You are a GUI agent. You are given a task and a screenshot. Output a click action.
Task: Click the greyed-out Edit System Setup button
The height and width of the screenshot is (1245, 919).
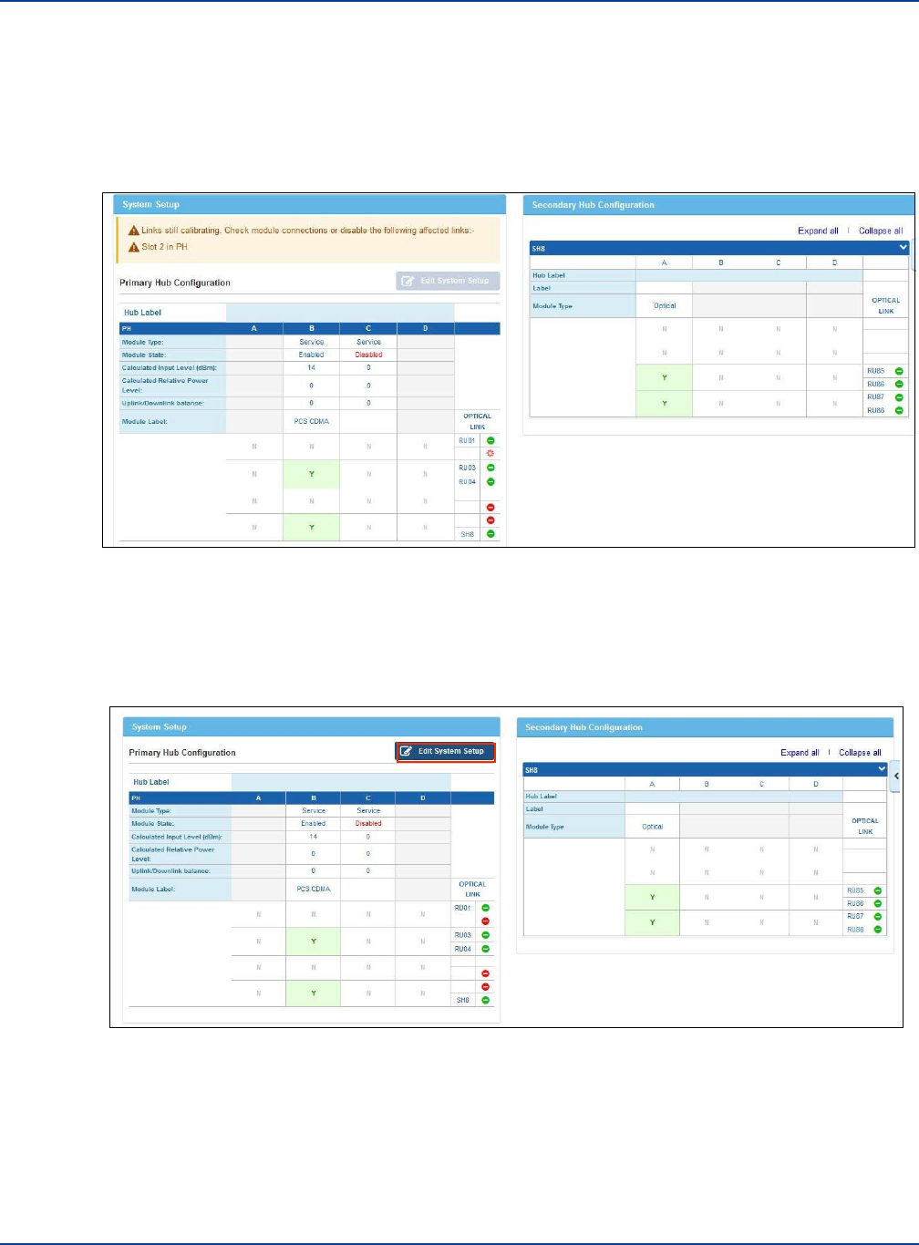pos(448,281)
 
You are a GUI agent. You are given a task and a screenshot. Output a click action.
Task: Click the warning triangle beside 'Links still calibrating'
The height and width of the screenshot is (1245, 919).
pos(133,231)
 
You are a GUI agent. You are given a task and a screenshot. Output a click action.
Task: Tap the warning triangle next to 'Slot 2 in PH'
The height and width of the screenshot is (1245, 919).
pos(133,247)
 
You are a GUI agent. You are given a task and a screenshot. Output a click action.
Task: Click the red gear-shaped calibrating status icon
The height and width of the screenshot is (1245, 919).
pos(490,453)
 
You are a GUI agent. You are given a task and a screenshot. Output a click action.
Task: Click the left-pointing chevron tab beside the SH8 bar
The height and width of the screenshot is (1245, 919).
pos(896,777)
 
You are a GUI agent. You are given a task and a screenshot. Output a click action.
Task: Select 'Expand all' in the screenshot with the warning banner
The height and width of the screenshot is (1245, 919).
pos(818,231)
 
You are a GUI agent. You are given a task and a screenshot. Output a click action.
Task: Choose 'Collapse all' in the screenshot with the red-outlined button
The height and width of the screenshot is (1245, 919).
pos(860,753)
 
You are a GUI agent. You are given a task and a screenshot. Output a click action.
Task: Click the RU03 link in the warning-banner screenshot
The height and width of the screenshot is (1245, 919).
pos(466,468)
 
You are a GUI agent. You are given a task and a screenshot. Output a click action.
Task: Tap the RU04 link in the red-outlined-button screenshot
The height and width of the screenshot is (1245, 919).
pos(462,949)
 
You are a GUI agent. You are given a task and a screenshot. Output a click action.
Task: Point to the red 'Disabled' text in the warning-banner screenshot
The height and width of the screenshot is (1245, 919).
pos(368,355)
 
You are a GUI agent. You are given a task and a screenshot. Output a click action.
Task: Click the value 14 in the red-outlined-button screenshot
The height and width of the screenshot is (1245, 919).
pos(313,836)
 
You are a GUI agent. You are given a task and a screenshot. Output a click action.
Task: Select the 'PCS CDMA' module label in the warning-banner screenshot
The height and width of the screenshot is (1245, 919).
pos(311,421)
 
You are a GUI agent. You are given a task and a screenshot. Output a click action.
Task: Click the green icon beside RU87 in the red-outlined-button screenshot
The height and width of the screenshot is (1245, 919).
pos(878,917)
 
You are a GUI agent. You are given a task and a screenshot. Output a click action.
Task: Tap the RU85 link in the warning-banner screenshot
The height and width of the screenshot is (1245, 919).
pos(875,371)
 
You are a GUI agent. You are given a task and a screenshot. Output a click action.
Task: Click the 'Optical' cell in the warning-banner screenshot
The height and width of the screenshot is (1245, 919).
pos(665,306)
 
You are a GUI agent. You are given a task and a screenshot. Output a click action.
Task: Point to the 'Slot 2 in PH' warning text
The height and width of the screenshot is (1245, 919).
pos(164,247)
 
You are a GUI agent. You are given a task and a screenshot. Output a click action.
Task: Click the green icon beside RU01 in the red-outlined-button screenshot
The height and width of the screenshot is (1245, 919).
pos(485,908)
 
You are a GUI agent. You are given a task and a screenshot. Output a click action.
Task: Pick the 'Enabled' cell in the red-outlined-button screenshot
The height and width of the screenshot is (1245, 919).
pos(313,823)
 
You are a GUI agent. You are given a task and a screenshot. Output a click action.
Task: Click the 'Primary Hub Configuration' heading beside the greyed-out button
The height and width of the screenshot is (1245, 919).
pos(175,283)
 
